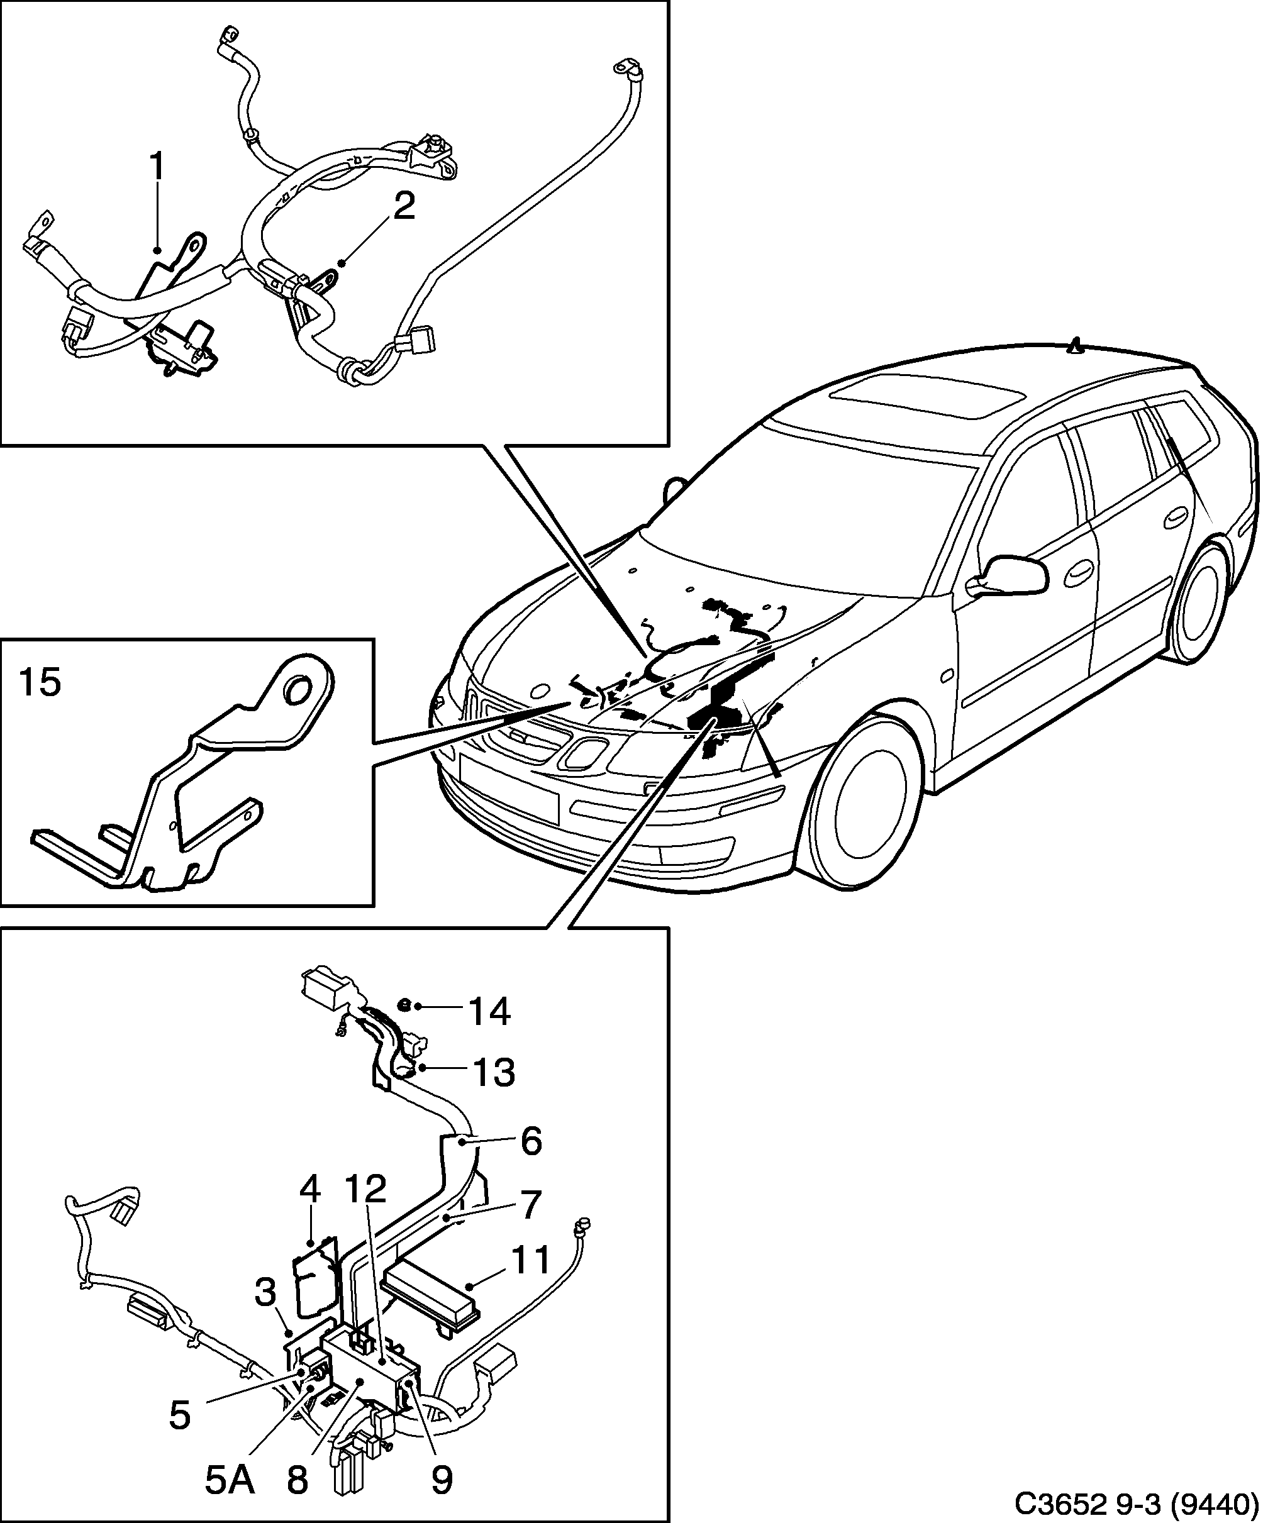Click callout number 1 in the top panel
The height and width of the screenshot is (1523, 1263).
[x=157, y=169]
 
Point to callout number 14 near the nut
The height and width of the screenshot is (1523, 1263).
[x=489, y=1012]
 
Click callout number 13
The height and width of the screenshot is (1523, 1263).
[x=493, y=1072]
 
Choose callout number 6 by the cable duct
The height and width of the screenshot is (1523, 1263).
[x=531, y=1141]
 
